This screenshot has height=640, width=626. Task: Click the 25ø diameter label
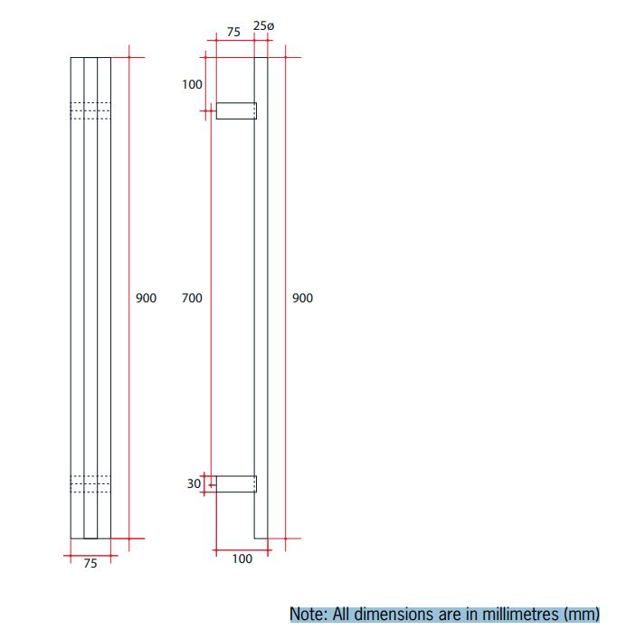coord(262,27)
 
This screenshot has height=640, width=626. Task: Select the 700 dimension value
coord(192,298)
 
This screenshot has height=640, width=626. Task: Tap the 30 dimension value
coord(194,484)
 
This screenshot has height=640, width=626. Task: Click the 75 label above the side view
coord(233,32)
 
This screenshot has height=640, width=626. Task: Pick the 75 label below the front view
coord(90,564)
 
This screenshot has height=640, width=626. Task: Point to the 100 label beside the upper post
coord(192,85)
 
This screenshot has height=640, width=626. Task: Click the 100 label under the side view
coord(242,559)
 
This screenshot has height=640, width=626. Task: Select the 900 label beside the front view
coord(146,298)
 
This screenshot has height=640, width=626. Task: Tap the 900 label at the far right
coord(302,298)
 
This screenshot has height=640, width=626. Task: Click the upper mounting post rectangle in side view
coord(235,111)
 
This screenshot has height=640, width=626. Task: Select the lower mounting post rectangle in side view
coord(235,483)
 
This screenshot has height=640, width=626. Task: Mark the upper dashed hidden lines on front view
coord(90,110)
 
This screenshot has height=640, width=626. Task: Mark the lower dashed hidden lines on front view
coord(90,484)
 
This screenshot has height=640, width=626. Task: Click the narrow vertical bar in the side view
coord(261,298)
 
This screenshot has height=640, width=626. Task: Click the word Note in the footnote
coord(308,614)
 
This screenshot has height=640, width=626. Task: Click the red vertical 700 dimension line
coord(207,298)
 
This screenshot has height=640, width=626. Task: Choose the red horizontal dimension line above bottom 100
coord(242,549)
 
